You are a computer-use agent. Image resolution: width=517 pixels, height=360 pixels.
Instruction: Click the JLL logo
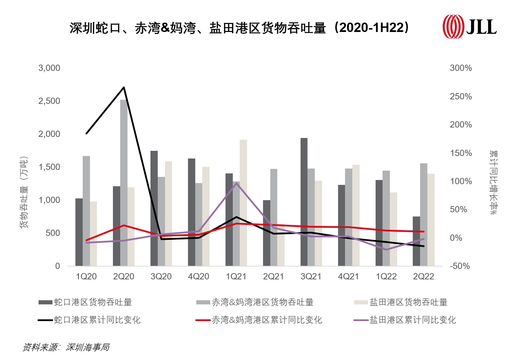[x=469, y=26]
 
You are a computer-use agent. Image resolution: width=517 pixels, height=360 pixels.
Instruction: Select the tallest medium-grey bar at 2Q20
[x=124, y=182]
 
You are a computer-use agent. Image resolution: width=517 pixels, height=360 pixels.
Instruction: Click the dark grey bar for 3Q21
[x=304, y=202]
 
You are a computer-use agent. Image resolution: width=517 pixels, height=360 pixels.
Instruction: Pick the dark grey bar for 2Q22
[x=416, y=241]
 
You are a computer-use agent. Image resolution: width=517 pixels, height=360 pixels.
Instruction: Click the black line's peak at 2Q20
[x=124, y=88]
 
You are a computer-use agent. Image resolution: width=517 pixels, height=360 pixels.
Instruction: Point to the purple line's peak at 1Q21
[x=236, y=183]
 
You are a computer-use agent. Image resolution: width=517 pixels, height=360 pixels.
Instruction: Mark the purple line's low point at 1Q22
[x=386, y=249]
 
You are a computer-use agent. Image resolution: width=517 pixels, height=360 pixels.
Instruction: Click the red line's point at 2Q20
[x=124, y=225]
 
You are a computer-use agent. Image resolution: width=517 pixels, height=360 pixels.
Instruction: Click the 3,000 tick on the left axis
[x=49, y=68]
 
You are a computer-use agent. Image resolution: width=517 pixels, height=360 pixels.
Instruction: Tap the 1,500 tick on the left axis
[x=49, y=167]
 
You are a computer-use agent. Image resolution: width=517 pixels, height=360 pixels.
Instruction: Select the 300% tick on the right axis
[x=461, y=68]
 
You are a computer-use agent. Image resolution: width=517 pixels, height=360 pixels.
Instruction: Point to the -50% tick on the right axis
[x=460, y=266]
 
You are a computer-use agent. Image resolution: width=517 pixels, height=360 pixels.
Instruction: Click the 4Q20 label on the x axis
[x=198, y=277]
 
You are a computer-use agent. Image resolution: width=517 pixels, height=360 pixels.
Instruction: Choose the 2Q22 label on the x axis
[x=423, y=277]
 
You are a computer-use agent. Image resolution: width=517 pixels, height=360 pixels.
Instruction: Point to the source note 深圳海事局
[x=88, y=347]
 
